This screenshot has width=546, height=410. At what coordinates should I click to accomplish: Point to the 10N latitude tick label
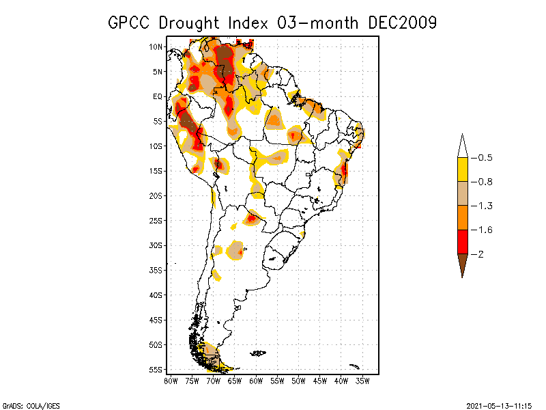(156, 46)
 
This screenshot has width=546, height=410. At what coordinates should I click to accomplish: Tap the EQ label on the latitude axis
(158, 96)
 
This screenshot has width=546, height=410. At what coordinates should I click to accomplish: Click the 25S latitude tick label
(156, 220)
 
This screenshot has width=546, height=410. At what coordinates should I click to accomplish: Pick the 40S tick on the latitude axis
(156, 295)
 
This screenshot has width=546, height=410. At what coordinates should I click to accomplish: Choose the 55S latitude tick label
(156, 369)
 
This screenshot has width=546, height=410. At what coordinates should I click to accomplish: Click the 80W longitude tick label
(171, 380)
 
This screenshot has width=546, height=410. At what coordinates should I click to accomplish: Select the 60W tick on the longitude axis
(256, 380)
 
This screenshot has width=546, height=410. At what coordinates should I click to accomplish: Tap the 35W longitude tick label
(362, 380)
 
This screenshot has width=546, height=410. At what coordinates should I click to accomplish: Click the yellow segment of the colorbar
(462, 169)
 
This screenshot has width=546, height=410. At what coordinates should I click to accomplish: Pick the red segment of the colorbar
(462, 241)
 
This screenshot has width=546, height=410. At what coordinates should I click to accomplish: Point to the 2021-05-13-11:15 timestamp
(499, 405)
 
